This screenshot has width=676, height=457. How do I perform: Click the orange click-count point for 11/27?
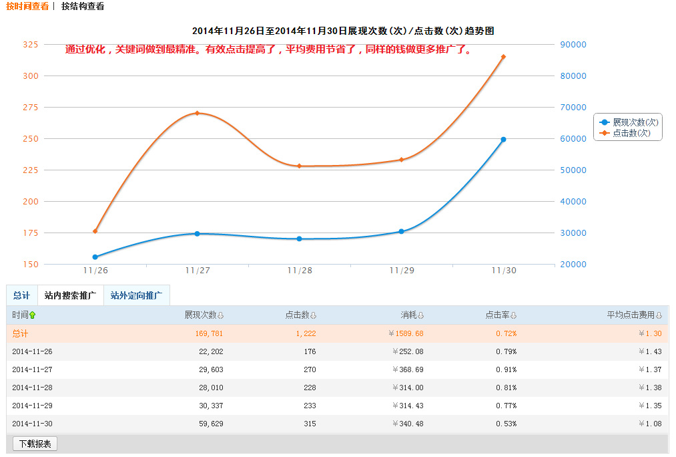coord(197,113)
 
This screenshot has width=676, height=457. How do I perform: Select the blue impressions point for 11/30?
coord(503,140)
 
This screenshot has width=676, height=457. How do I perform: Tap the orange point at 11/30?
coord(503,57)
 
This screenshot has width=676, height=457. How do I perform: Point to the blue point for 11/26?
coord(95,257)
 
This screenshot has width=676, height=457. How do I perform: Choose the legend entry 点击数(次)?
coord(631,133)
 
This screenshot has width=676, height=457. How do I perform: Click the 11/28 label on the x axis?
coord(300,271)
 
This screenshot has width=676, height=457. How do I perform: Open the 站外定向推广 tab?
coord(136,295)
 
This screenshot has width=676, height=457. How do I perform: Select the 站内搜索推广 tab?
coord(70,295)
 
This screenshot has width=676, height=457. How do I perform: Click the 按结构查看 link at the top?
coord(82,6)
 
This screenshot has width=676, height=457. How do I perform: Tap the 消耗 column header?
coord(411,315)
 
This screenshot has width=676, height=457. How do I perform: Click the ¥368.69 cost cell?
coord(406,369)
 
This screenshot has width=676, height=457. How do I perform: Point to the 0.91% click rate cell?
coord(505,369)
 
